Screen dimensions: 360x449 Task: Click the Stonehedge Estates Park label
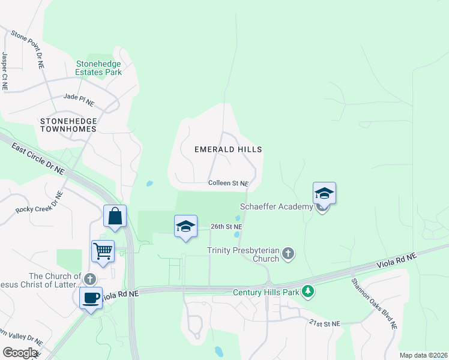click(x=99, y=68)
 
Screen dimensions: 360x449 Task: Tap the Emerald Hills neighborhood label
click(x=228, y=149)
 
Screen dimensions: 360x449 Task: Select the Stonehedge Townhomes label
click(x=68, y=125)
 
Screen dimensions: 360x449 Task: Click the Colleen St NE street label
click(x=228, y=183)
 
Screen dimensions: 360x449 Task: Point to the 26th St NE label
click(x=226, y=227)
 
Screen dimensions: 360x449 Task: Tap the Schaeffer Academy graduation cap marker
click(x=324, y=193)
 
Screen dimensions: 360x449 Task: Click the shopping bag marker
click(x=115, y=215)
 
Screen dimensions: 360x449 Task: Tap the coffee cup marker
click(x=91, y=298)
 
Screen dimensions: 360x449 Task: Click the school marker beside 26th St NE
click(x=185, y=226)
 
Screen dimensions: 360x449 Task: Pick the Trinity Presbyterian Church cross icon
click(x=288, y=253)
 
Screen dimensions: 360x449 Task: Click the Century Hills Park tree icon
click(x=308, y=292)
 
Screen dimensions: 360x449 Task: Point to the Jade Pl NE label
click(x=79, y=99)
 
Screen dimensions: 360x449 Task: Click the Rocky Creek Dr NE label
click(x=40, y=203)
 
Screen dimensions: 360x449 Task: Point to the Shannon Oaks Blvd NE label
click(x=374, y=302)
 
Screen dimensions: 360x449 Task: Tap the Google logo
click(x=20, y=353)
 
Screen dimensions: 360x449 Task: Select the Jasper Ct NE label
click(x=5, y=71)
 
